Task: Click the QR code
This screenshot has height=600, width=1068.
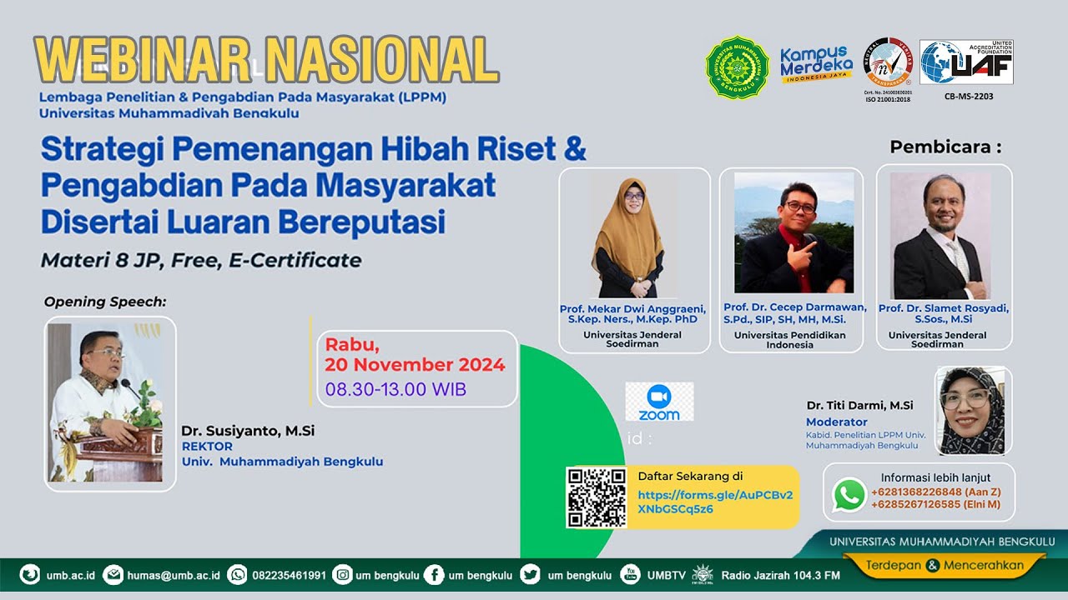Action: click(596, 497)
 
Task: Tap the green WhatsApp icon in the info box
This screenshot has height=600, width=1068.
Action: click(849, 496)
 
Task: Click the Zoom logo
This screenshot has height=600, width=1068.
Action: click(659, 402)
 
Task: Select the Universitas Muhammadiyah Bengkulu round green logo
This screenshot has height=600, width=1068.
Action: click(737, 67)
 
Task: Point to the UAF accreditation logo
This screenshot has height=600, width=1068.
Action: click(966, 62)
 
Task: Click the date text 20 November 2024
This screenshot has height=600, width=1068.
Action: click(415, 365)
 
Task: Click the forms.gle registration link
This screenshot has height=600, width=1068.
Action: click(715, 502)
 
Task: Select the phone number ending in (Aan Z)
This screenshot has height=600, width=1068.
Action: click(935, 492)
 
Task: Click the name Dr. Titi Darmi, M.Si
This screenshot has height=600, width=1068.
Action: click(859, 406)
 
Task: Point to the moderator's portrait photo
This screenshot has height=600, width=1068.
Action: click(973, 410)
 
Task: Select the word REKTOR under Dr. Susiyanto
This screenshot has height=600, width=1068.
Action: click(207, 447)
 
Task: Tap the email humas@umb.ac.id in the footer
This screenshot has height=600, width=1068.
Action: click(174, 575)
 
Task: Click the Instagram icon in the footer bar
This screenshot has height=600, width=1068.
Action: click(342, 575)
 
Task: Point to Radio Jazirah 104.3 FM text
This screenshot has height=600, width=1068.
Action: click(780, 575)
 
